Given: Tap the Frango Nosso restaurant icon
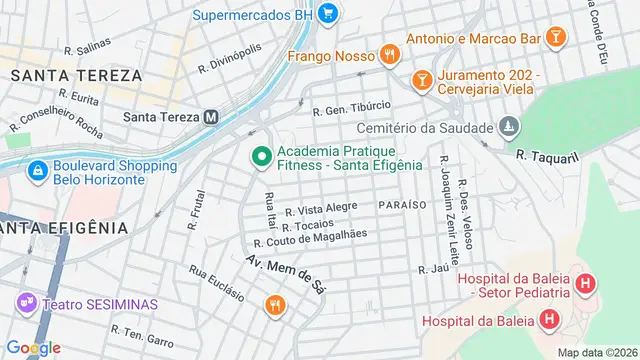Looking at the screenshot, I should point(389,55).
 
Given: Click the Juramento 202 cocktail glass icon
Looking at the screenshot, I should point(422,78).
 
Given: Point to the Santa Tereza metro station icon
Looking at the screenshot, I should point(211,116).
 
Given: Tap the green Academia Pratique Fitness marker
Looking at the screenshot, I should point(261,156).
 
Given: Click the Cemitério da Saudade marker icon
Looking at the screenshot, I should point(510,127).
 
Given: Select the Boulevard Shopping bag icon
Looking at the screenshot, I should point(37,172).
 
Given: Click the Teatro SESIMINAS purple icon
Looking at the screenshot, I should point(26,301).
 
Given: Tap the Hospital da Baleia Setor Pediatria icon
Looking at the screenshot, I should point(586,284).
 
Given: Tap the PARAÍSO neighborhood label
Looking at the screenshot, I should point(403,204).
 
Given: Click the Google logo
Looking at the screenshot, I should point(33,347).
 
